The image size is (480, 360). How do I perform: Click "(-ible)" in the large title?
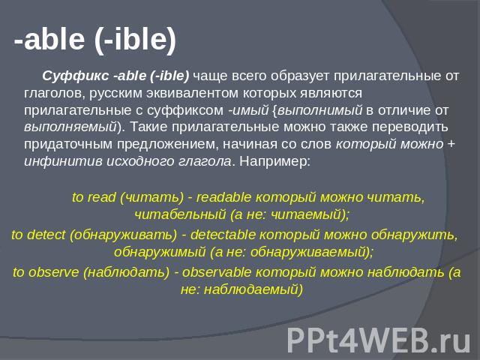[136, 40]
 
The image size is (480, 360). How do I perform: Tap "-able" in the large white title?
[49, 39]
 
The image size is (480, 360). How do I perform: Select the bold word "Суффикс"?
[75, 76]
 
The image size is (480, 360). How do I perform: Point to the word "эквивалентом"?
[192, 93]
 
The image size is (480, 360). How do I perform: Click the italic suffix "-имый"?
[248, 110]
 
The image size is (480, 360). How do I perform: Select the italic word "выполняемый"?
[70, 127]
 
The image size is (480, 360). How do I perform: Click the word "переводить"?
[410, 127]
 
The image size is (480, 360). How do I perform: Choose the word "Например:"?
[275, 161]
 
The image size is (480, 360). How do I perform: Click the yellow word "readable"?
[223, 197]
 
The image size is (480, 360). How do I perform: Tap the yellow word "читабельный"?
[180, 214]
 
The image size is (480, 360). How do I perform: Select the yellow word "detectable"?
[223, 235]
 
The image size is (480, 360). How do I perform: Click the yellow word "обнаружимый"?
[160, 252]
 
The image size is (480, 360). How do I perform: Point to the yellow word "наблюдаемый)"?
[253, 289]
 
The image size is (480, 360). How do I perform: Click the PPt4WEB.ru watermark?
[379, 340]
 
